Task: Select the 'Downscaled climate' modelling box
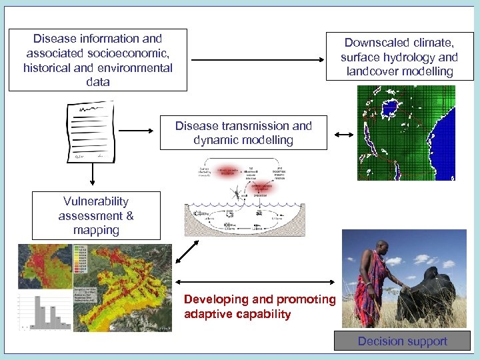399,57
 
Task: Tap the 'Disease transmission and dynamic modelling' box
243,133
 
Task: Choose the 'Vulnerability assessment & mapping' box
96,215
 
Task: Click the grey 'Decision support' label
402,341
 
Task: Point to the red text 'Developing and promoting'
259,299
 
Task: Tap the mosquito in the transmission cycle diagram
239,192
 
